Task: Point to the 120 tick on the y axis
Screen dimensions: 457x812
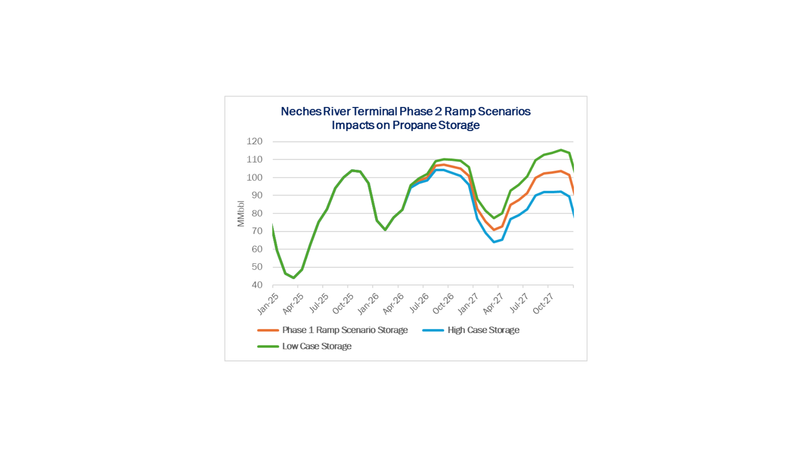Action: coord(255,141)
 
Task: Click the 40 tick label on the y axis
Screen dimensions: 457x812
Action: coord(257,285)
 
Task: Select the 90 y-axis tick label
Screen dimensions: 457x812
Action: coord(257,195)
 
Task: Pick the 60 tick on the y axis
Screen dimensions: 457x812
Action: coord(257,249)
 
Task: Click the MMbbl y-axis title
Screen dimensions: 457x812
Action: coord(241,214)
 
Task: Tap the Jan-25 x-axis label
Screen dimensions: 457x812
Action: coord(268,303)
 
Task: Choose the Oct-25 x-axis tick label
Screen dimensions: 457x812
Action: coord(343,303)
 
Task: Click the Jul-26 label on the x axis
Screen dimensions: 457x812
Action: coord(419,303)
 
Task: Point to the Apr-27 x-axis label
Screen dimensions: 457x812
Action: coord(493,303)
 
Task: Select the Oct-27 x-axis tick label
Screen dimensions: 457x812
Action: coord(543,303)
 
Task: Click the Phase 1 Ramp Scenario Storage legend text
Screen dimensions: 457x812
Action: coord(345,330)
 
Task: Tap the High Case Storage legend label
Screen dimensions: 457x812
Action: coord(483,330)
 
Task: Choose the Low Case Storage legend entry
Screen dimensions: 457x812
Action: coord(317,346)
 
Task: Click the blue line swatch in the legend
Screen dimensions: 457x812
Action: coord(433,330)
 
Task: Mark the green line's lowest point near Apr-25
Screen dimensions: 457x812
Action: coord(294,278)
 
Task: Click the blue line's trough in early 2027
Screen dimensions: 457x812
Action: coord(494,242)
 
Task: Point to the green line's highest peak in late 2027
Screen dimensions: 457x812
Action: coord(561,150)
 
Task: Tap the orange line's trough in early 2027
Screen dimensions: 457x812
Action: coord(494,230)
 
